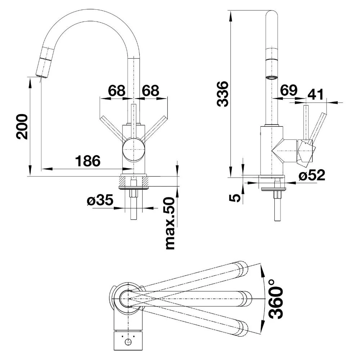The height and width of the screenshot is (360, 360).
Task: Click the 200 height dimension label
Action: point(22,126)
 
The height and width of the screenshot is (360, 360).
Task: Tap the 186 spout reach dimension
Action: point(88,161)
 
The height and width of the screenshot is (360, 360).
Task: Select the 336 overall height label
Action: point(223,94)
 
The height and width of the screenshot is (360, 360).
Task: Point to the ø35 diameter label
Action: point(100,200)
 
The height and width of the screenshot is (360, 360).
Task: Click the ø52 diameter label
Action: point(312,175)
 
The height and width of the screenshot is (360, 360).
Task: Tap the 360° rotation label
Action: point(276,299)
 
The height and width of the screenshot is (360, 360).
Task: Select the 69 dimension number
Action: point(289,90)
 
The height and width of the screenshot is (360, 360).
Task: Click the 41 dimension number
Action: point(315,94)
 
